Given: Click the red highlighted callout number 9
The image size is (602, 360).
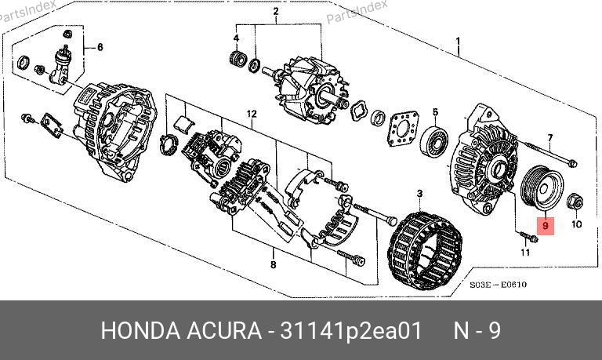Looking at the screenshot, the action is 546,226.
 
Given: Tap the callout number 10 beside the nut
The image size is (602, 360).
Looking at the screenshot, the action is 577,224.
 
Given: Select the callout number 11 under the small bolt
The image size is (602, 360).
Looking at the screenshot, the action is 525,253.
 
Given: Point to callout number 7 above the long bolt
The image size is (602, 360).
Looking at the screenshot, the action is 550,137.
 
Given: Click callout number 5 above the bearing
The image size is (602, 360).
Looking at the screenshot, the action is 435,112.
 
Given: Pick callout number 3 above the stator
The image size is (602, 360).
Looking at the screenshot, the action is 419,194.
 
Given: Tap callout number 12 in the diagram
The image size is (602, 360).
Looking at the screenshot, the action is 252,114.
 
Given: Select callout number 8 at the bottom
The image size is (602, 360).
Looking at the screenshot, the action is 273,264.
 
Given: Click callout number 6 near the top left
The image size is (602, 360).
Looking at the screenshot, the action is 100,47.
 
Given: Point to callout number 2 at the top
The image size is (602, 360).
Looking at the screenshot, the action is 276,12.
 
